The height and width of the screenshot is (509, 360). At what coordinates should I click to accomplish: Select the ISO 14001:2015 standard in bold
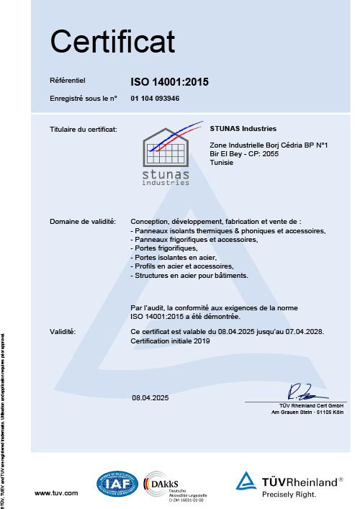pos(169,82)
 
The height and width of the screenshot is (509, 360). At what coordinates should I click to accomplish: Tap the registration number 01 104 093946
pos(155,98)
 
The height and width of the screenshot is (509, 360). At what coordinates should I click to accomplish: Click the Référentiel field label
pos(68,82)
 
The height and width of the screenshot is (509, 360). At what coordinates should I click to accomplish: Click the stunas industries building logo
pos(167,155)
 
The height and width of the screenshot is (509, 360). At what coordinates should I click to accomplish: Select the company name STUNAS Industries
pos(243,129)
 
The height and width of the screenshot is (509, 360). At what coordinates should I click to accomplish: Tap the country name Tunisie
pos(221,163)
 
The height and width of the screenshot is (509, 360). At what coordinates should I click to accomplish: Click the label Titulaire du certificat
pos(83,130)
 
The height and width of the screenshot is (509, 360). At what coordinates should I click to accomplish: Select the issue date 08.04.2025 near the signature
pos(150,397)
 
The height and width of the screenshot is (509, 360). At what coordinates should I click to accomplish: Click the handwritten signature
pos(300,392)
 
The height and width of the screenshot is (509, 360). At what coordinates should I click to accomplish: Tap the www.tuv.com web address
pos(56,492)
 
